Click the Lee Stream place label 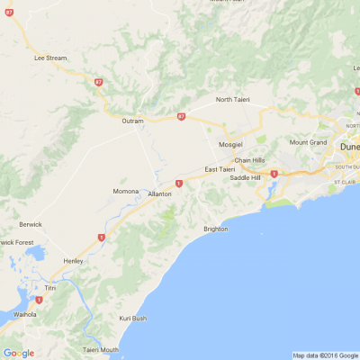[50, 58]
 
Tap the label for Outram [133, 120]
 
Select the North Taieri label [236, 99]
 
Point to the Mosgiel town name [231, 144]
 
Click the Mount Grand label [308, 142]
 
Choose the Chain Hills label [249, 160]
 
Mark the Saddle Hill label [245, 177]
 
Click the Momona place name [125, 192]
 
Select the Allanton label [159, 193]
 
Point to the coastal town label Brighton [216, 229]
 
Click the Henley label [73, 261]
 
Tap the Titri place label [50, 288]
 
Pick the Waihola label [25, 314]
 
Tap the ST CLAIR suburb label [346, 182]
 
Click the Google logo [18, 353]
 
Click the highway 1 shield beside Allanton [179, 184]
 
